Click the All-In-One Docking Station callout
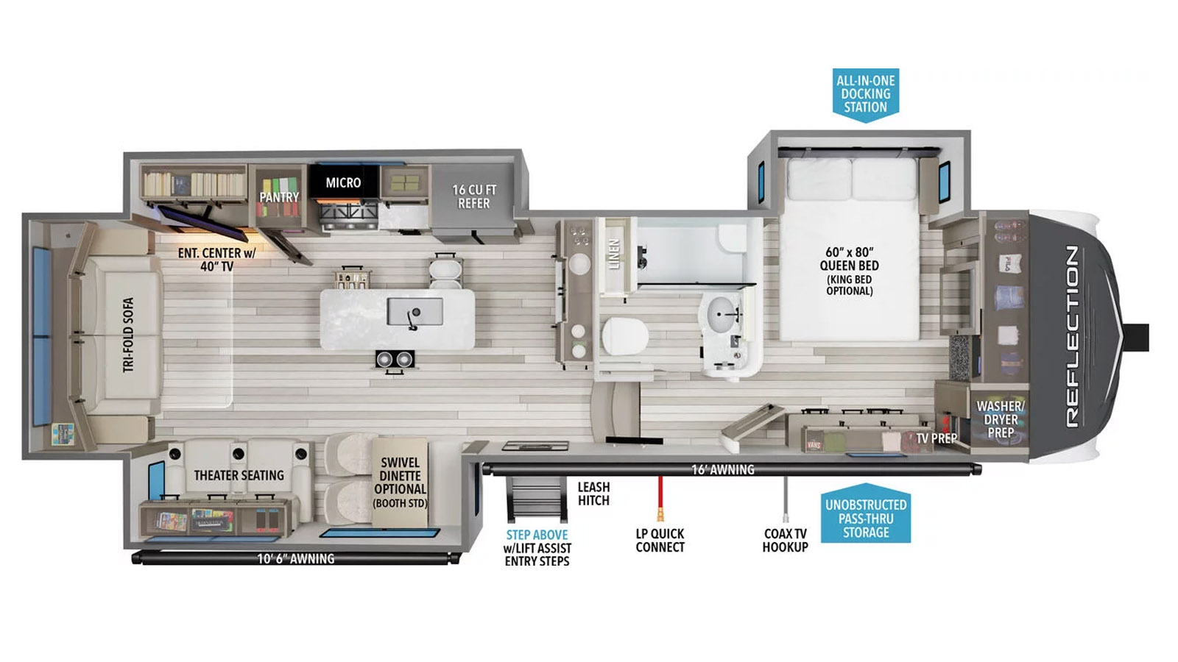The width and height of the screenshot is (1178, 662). (865, 95)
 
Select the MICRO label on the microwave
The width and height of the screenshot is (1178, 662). (343, 183)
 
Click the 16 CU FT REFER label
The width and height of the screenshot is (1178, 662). (474, 196)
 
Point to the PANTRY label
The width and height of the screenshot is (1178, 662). (279, 197)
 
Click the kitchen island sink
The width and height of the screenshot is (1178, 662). (415, 312)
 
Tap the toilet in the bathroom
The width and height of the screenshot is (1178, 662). (625, 336)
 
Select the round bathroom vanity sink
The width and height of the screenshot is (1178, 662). (722, 314)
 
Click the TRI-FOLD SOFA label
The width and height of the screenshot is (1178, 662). (128, 335)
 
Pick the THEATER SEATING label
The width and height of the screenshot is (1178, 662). (239, 475)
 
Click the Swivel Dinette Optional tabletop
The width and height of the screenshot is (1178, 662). (400, 482)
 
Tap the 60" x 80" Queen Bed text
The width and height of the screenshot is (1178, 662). (850, 259)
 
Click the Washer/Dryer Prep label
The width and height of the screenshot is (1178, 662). (1001, 419)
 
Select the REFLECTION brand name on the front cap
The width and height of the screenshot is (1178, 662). (1073, 336)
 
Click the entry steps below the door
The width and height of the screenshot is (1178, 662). (537, 499)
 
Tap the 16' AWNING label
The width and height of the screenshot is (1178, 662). (722, 470)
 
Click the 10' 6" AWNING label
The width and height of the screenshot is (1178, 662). (295, 558)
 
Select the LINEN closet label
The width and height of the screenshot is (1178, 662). (614, 254)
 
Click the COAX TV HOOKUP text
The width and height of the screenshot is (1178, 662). (785, 540)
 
